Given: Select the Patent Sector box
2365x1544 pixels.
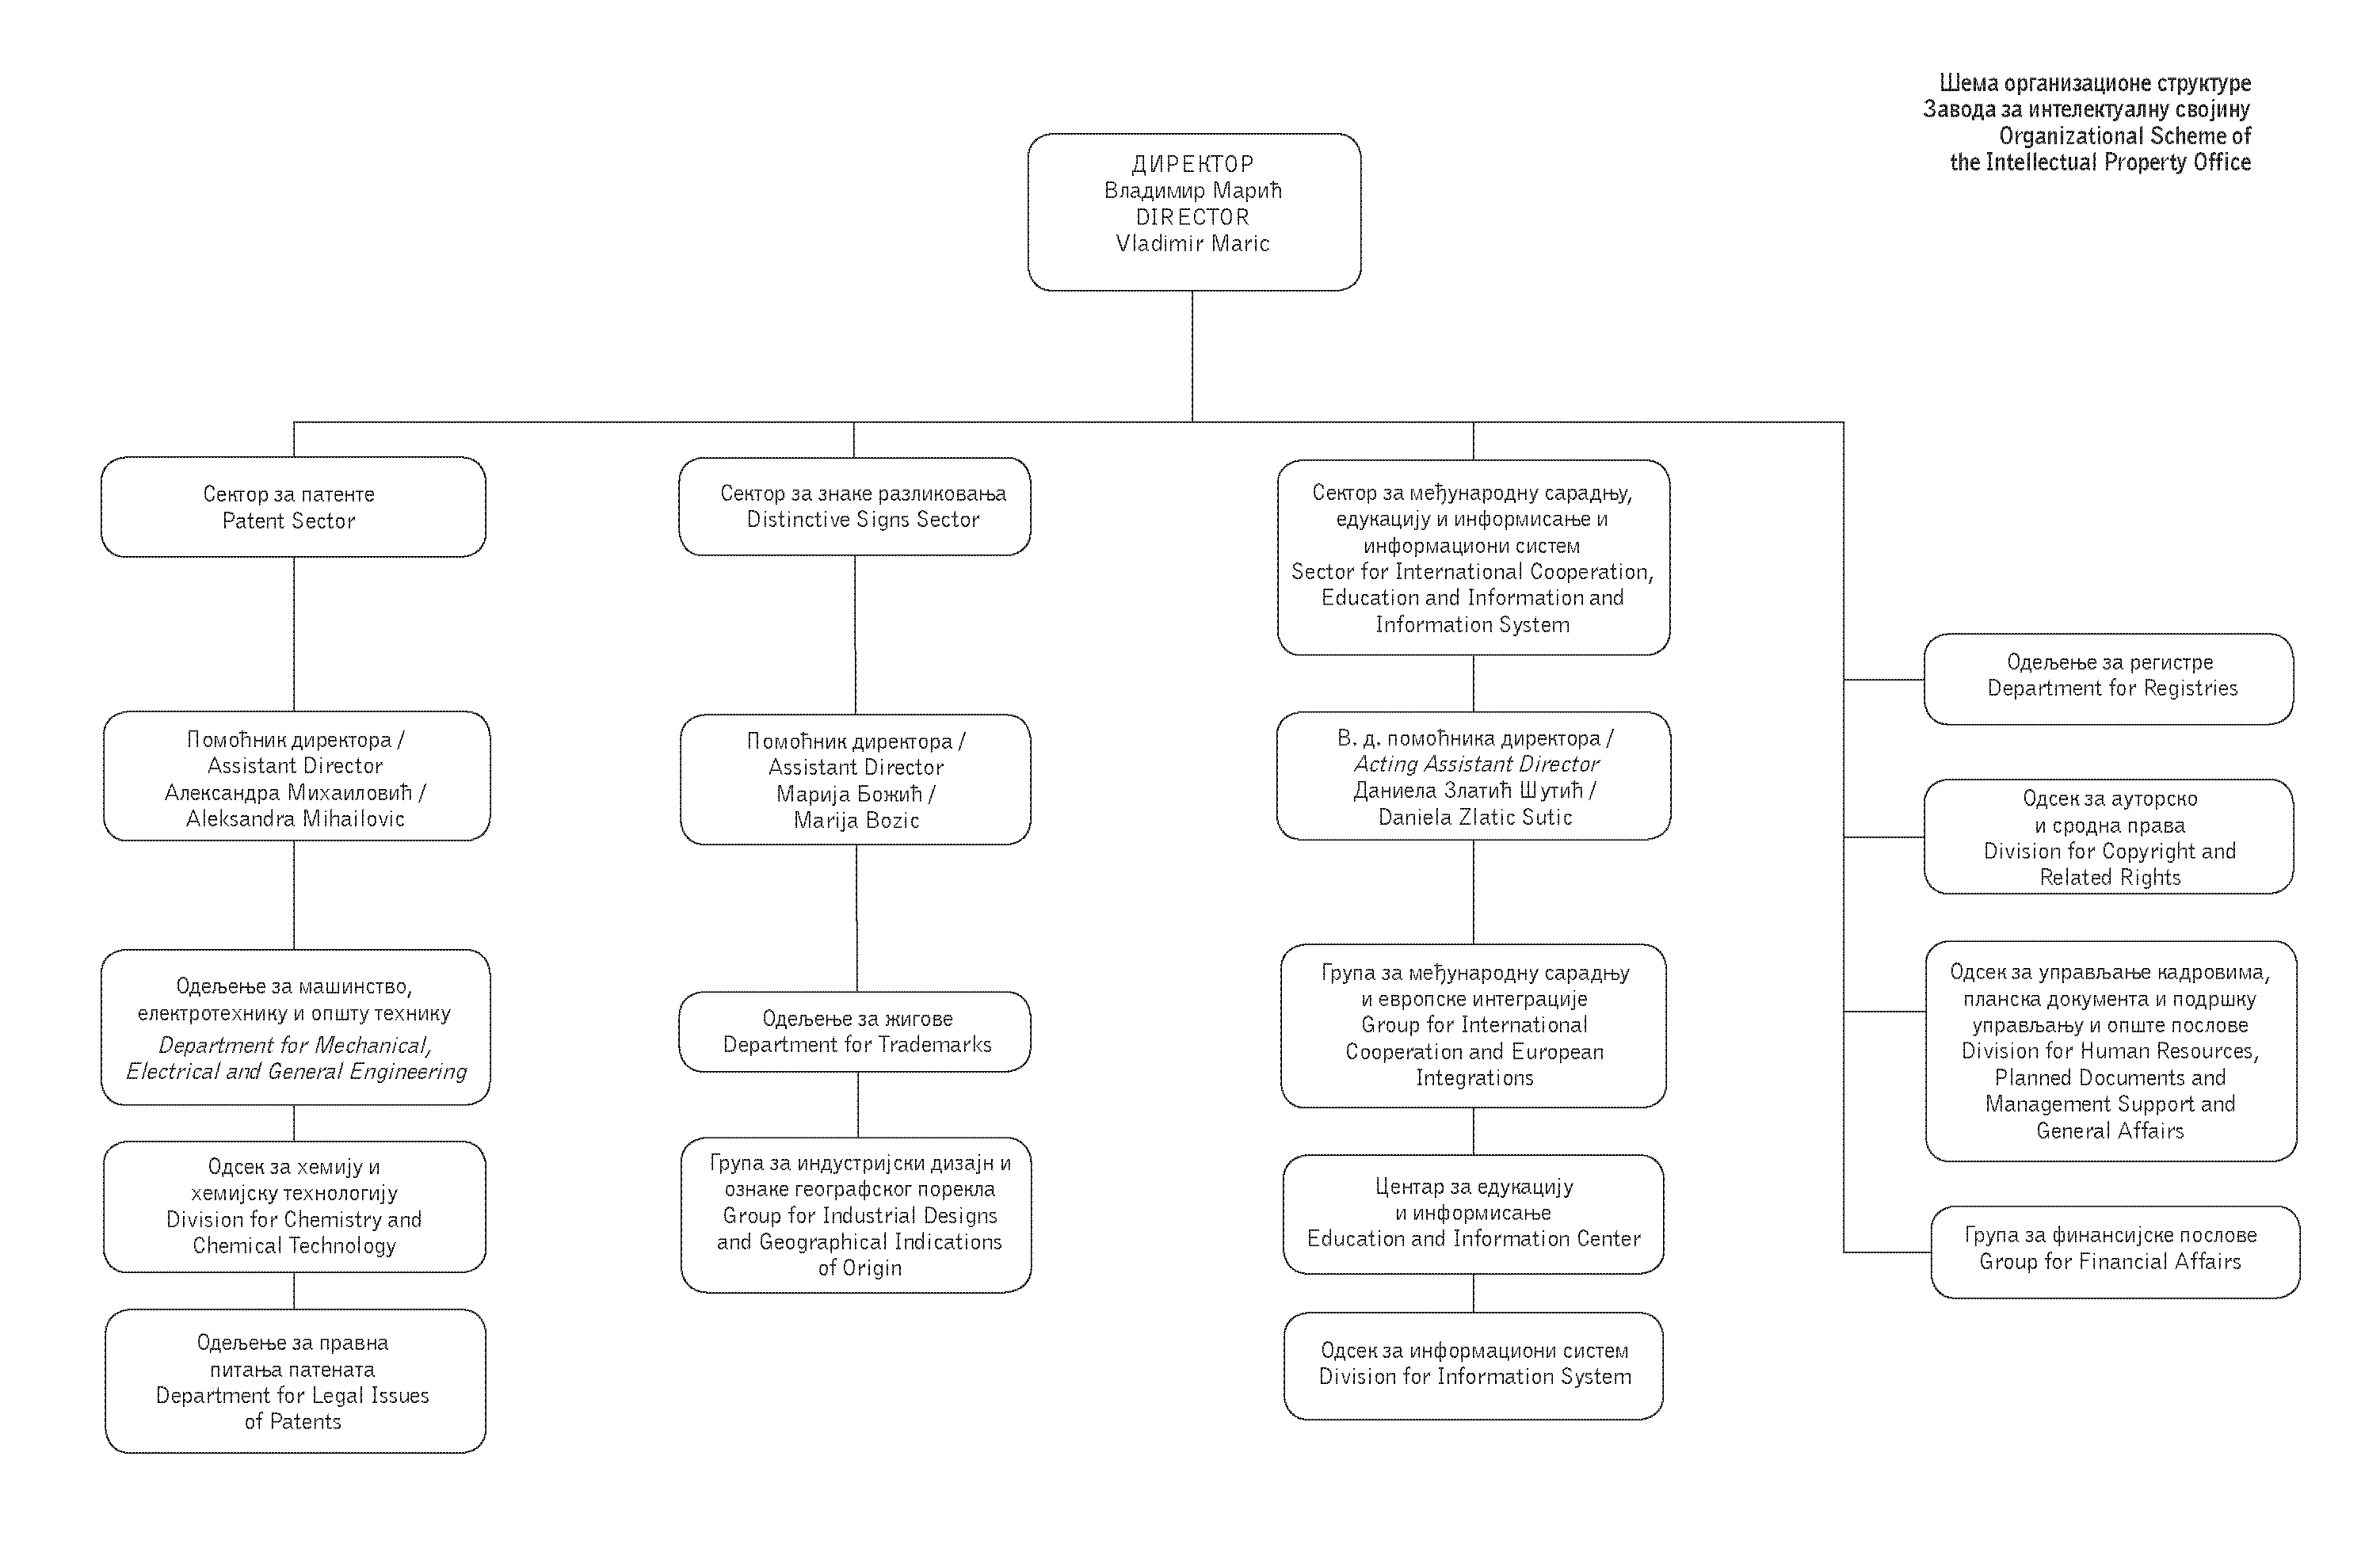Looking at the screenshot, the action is point(293,507).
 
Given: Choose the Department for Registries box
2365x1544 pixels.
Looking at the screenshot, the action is point(2108,679).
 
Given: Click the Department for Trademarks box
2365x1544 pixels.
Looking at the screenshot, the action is point(855,1031).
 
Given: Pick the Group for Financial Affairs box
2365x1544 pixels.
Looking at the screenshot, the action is point(2115,1252).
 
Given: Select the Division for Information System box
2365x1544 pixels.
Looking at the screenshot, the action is point(1474,1365).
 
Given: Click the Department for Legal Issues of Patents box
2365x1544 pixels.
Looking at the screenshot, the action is point(295,1381).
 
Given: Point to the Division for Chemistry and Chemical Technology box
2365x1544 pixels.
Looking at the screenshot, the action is point(294,1207).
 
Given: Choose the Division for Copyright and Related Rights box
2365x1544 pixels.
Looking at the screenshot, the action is point(2108,837).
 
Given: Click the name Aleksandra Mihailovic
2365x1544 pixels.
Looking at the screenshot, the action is point(295,818).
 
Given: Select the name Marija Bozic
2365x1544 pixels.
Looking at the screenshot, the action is point(856,821).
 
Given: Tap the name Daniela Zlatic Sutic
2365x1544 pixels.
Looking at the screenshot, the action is point(1474,817).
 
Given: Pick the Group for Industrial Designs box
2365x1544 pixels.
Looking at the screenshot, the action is point(856,1215).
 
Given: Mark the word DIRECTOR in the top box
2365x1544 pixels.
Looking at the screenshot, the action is point(1192,216).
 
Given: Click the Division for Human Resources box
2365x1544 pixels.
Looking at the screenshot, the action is point(2111,1051).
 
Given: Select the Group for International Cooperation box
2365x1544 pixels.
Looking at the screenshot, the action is point(1474,1025).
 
